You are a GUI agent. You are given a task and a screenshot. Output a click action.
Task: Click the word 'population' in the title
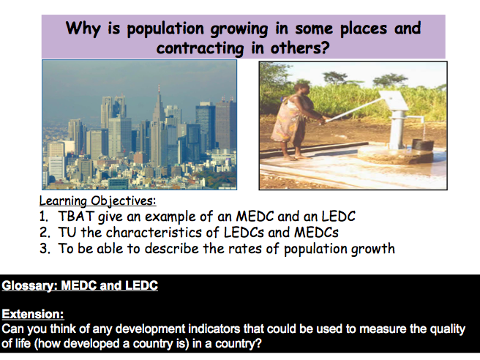tap(165, 29)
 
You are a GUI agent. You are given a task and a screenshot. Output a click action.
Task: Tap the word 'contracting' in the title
tap(200, 48)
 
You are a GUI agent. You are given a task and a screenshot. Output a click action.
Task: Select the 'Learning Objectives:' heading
tap(97, 200)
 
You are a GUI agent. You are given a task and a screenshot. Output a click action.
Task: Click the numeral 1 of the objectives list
tap(43, 217)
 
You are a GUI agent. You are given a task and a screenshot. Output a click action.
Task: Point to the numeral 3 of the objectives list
tap(45, 249)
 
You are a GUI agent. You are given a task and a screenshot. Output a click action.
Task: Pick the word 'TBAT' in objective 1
tap(76, 217)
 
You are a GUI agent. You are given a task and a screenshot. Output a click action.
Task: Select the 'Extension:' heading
tap(33, 315)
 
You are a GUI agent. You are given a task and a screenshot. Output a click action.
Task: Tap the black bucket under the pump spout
tap(423, 144)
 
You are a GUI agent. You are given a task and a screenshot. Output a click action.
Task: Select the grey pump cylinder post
tap(398, 130)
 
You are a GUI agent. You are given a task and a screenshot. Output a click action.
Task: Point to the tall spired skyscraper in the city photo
tap(159, 126)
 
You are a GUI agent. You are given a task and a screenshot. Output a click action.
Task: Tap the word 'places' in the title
tap(364, 29)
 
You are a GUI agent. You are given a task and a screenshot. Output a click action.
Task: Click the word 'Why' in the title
tap(83, 29)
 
